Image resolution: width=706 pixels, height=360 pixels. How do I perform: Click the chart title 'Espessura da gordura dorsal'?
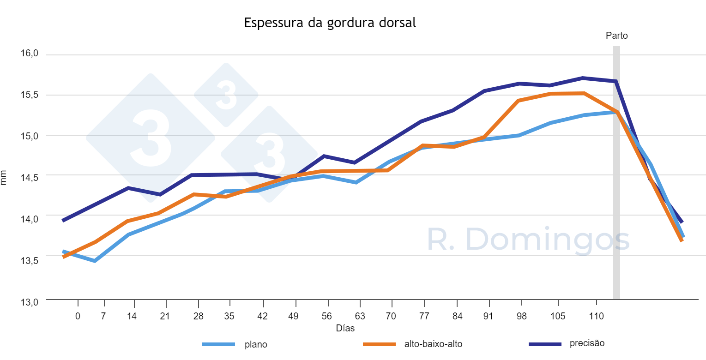click(330, 23)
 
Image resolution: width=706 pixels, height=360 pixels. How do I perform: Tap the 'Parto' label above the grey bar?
click(616, 36)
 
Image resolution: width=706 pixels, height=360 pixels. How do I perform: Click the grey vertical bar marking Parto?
click(616, 185)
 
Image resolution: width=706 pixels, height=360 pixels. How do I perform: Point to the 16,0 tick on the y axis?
click(29, 54)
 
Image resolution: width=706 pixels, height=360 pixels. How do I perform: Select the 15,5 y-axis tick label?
click(29, 95)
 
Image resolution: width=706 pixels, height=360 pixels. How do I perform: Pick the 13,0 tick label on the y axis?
click(29, 302)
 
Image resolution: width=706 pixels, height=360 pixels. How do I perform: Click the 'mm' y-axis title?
click(4, 177)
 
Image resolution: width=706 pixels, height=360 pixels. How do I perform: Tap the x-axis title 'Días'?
click(345, 328)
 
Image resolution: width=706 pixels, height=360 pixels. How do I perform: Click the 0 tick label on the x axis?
click(78, 316)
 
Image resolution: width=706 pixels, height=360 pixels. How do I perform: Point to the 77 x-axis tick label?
click(424, 316)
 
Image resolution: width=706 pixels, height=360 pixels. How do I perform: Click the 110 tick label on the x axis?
click(596, 316)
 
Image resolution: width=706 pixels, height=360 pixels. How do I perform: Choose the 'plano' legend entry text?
click(256, 344)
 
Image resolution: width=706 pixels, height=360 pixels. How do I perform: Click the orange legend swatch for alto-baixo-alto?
click(379, 344)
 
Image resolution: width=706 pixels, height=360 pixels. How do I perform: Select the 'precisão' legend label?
click(587, 343)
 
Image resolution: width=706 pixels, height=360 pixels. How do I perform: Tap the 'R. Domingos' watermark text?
click(528, 240)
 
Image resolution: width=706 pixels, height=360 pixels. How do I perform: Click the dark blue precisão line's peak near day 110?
click(583, 78)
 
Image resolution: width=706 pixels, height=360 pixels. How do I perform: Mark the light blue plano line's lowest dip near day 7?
click(95, 261)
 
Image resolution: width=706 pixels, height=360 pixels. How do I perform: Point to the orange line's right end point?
click(682, 240)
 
